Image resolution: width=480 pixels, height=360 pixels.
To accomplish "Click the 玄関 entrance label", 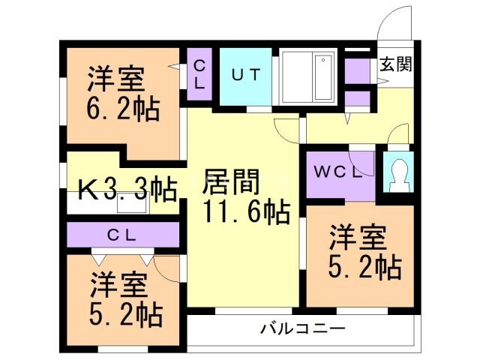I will [394, 64].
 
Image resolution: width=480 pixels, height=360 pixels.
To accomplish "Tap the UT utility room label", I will [245, 75].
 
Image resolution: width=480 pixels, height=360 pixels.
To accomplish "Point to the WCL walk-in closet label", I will [337, 171].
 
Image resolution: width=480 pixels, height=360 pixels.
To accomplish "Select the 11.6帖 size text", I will [245, 214].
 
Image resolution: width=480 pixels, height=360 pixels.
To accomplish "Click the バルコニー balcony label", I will [302, 328].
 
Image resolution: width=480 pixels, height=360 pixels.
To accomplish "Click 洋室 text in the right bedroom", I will [358, 238].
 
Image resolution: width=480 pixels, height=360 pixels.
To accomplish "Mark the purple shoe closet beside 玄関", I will [358, 72].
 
